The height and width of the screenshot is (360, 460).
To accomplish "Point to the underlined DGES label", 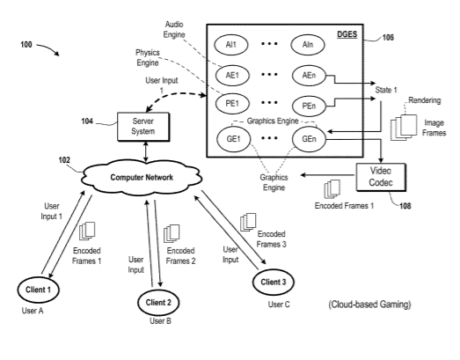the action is point(347,34).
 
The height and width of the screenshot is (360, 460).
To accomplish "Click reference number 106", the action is point(388,38).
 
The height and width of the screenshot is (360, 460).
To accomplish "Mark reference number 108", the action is point(405,206).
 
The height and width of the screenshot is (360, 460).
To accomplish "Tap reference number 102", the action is point(64,160).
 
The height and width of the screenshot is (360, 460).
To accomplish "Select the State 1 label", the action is point(386,90).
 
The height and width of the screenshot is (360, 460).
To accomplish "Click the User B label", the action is point(160,321).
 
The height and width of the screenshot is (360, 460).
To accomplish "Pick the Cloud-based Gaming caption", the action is point(369,305).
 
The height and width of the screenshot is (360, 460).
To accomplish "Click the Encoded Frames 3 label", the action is point(272,239).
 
